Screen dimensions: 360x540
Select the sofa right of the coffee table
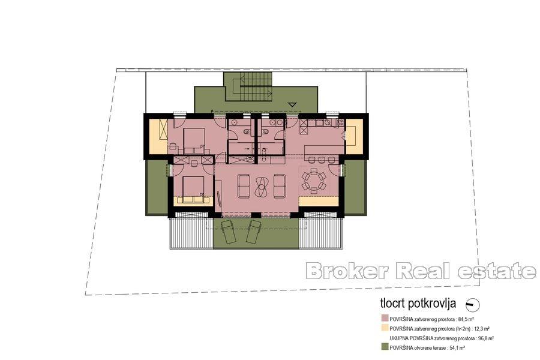point(280,186)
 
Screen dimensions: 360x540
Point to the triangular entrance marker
point(292,104)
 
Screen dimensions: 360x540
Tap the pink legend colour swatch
point(384,319)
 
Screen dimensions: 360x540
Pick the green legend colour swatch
point(384,347)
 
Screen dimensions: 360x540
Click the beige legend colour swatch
point(384,329)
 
